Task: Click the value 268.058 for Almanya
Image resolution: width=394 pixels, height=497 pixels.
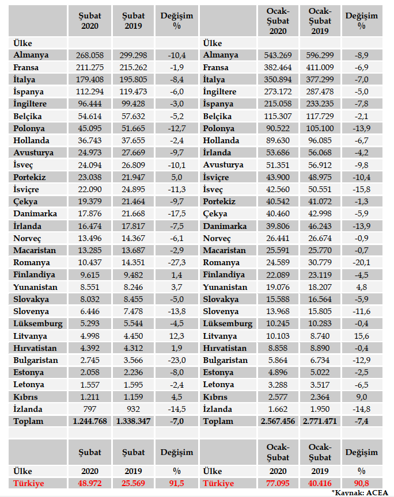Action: click(89, 55)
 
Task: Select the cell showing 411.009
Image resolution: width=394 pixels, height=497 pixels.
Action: click(320, 67)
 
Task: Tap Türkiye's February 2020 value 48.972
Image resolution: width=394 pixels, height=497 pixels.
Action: click(89, 484)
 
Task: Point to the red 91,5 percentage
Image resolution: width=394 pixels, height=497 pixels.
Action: click(176, 484)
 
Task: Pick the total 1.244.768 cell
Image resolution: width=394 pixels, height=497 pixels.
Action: click(89, 421)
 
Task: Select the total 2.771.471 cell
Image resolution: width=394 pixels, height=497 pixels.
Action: click(320, 421)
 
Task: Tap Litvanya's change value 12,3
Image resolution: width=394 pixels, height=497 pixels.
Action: click(176, 336)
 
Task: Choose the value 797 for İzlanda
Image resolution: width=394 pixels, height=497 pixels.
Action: click(89, 409)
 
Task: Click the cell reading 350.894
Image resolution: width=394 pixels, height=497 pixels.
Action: click(278, 79)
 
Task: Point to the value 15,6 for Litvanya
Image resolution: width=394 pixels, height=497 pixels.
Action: click(361, 336)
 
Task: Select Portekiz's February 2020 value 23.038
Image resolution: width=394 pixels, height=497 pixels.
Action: click(89, 177)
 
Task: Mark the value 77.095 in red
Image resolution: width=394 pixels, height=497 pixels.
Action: click(278, 484)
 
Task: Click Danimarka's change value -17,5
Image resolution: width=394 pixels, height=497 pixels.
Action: click(176, 214)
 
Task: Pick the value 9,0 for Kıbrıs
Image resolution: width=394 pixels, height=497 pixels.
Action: click(361, 397)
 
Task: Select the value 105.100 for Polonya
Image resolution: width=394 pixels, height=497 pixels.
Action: click(320, 128)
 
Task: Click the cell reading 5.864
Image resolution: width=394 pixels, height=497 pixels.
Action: click(278, 360)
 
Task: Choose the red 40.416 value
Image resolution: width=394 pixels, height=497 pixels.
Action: click(320, 484)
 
